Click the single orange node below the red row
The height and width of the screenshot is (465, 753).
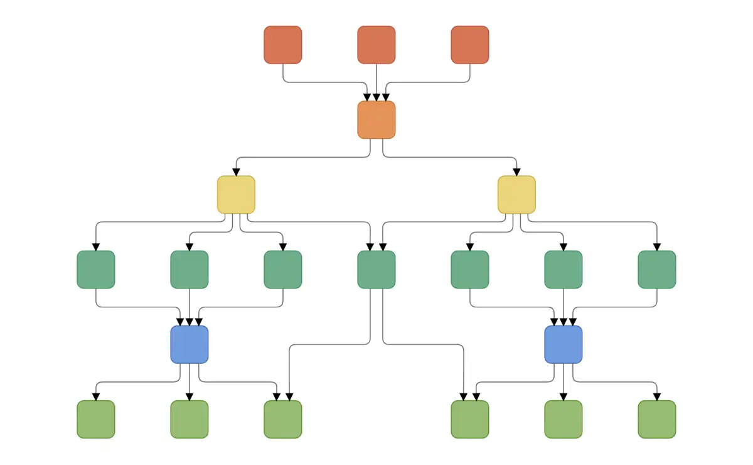(x=376, y=119)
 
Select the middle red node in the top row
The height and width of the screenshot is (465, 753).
(x=376, y=45)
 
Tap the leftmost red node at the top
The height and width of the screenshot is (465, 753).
(x=283, y=45)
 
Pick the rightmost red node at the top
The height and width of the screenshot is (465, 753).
(x=470, y=45)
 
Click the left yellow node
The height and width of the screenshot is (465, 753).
(x=236, y=195)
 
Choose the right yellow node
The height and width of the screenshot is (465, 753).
(x=516, y=195)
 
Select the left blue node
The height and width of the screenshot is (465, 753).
(x=190, y=344)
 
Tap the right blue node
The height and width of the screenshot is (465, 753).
(x=563, y=344)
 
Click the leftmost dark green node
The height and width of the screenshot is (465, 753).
(x=96, y=270)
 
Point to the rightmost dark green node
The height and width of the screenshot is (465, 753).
(x=657, y=270)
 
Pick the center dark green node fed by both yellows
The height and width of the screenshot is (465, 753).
(x=376, y=270)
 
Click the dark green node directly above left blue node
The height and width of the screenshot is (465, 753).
(x=190, y=270)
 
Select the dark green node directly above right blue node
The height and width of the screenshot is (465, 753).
(x=563, y=270)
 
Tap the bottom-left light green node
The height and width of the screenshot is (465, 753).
(x=96, y=419)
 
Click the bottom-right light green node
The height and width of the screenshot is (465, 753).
(x=657, y=419)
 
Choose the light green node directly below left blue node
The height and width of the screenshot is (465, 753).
(x=190, y=419)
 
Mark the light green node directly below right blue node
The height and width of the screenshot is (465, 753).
(x=563, y=419)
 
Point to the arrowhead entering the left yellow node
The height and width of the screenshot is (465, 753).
(x=236, y=172)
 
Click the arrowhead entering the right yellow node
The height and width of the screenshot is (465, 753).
(x=516, y=172)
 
